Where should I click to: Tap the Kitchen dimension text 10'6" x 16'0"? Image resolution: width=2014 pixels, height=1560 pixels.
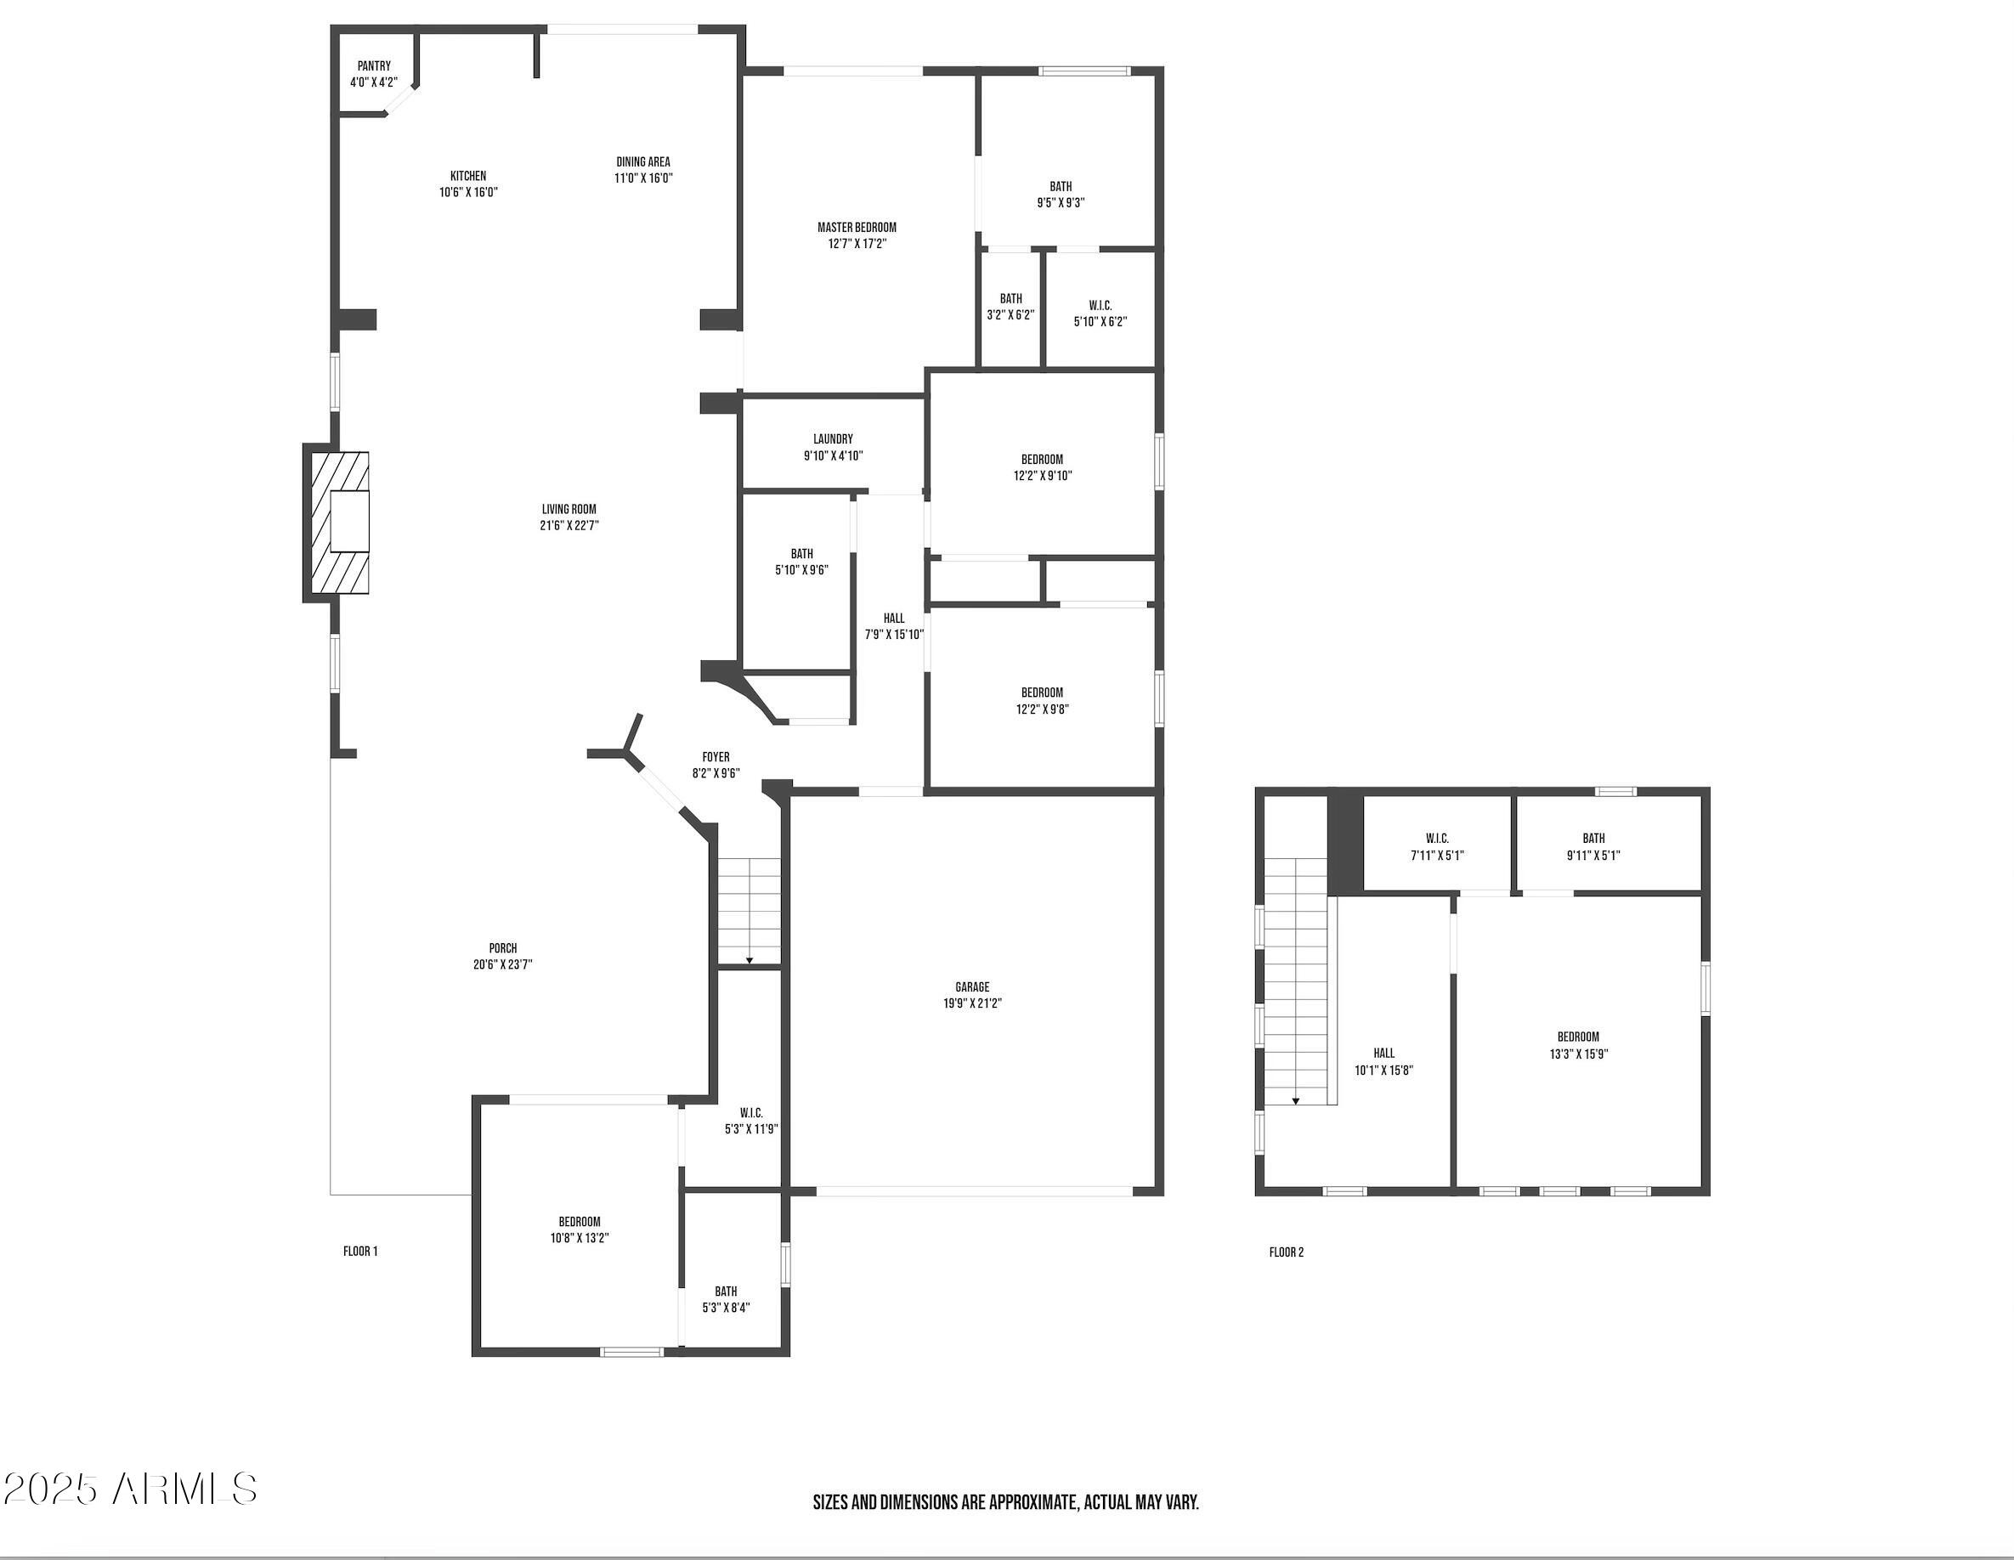(x=468, y=193)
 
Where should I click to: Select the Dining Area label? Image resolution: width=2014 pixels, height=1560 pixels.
(x=643, y=162)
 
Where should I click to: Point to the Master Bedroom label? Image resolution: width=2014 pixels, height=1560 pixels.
(x=857, y=228)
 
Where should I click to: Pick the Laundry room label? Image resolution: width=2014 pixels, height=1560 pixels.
(x=833, y=440)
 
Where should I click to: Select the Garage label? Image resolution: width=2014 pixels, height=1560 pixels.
(x=972, y=987)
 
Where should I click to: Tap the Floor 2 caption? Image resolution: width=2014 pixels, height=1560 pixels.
(x=1287, y=1253)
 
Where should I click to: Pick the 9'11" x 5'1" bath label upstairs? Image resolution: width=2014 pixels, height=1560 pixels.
(x=1593, y=847)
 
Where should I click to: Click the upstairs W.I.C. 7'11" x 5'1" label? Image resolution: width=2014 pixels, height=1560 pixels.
(x=1437, y=847)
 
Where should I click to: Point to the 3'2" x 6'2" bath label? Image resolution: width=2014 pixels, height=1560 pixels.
(x=1010, y=307)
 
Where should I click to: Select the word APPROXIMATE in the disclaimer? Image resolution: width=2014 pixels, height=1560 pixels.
(x=1032, y=1503)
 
